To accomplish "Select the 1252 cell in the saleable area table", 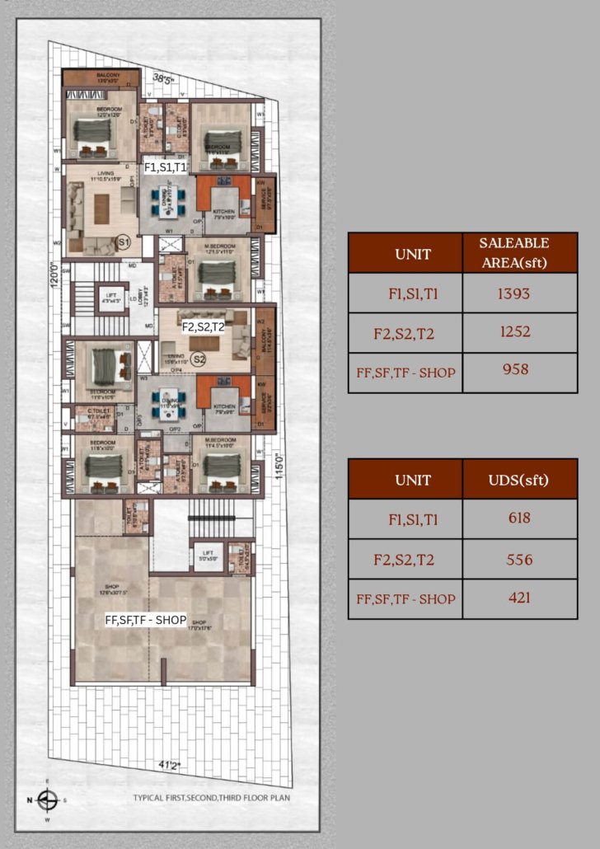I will [x=515, y=332].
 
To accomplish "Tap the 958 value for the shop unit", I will [x=515, y=370].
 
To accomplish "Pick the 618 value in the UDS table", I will [x=519, y=518].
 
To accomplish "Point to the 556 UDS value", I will [x=519, y=560].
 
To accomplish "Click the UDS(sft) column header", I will [x=518, y=480].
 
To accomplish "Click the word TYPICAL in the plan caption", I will [x=151, y=798].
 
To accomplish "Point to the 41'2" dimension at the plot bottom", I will [x=169, y=765].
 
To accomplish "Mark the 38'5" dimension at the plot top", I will [x=172, y=80].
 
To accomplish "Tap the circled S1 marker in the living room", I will [x=124, y=242].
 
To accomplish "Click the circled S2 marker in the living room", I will [x=199, y=359].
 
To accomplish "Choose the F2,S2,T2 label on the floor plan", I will [x=203, y=326].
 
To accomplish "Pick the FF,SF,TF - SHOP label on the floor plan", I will [x=146, y=621].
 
